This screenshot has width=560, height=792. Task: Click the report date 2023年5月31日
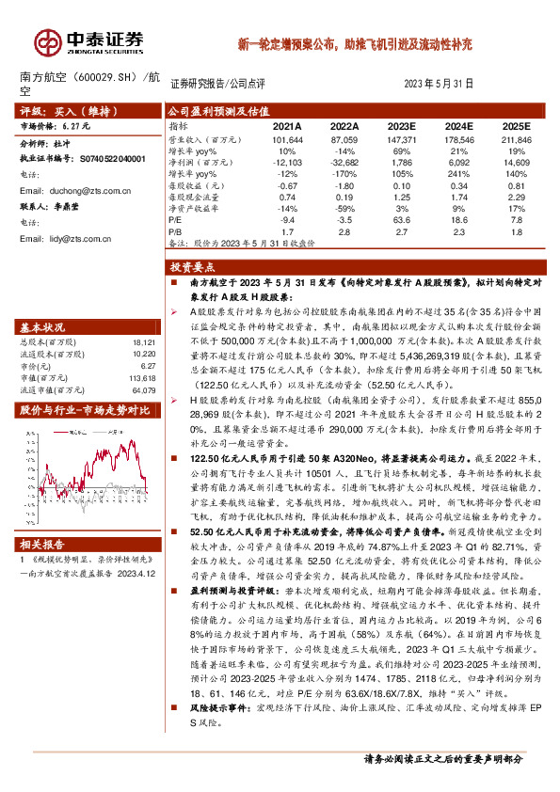pyautogui.click(x=438, y=84)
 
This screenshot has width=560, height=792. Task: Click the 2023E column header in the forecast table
pyautogui.click(x=402, y=125)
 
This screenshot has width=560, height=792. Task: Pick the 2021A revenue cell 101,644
pyautogui.click(x=287, y=138)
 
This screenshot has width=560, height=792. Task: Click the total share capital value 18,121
pyautogui.click(x=144, y=342)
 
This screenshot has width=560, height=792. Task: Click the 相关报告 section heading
pyautogui.click(x=43, y=544)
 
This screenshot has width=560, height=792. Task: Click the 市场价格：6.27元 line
pyautogui.click(x=56, y=125)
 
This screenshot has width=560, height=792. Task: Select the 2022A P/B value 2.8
pyautogui.click(x=344, y=231)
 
